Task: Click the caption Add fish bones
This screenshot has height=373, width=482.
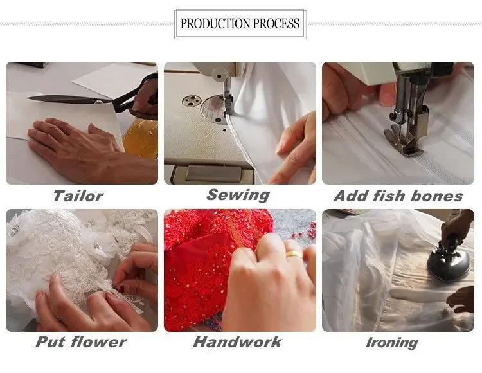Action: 398,196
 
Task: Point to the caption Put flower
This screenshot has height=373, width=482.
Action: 81,342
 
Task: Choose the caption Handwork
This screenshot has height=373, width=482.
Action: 237,342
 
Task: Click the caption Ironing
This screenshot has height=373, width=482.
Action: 391,343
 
